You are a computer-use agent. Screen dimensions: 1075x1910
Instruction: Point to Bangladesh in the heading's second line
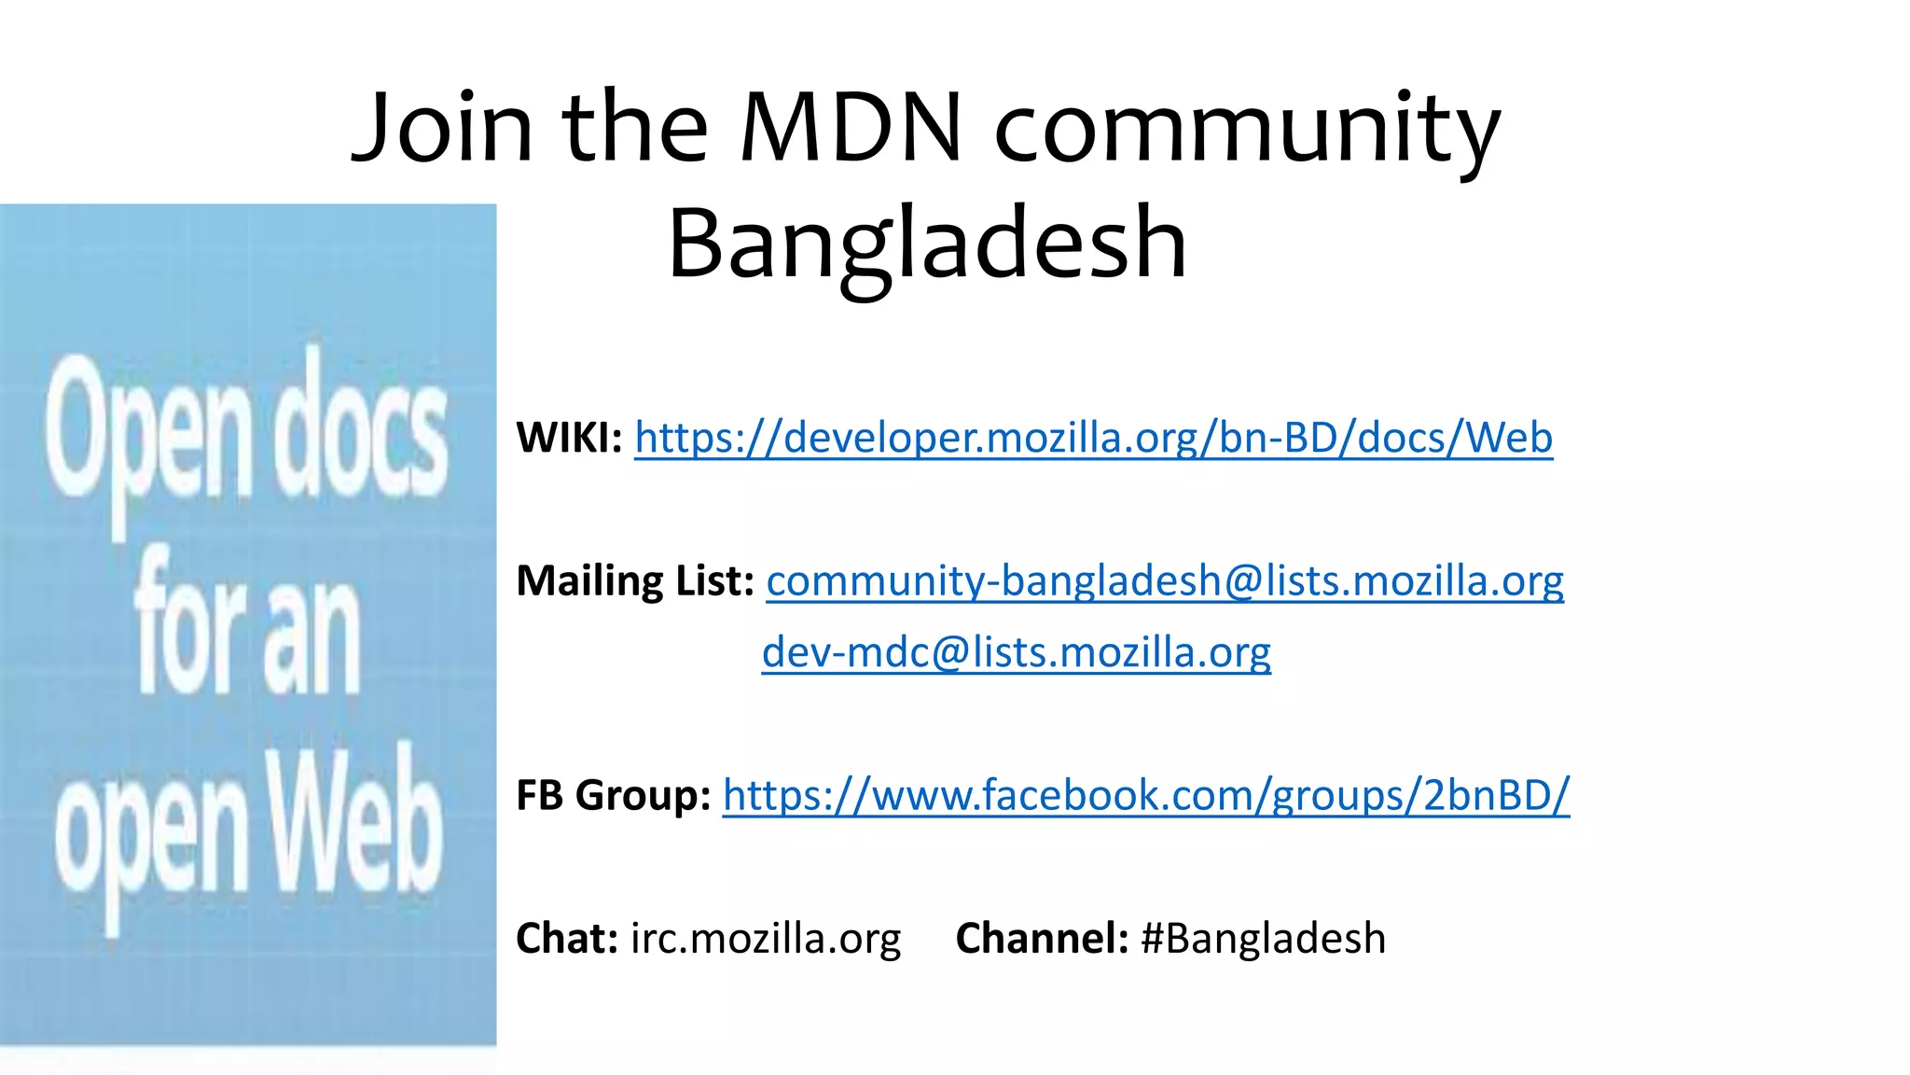[927, 244]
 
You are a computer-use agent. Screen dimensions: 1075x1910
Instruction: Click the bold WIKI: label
[569, 438]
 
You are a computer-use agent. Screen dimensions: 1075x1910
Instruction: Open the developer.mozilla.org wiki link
[1093, 438]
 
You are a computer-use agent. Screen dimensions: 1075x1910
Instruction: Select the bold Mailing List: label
[635, 580]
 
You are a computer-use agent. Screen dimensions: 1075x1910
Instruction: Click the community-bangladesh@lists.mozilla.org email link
[1165, 580]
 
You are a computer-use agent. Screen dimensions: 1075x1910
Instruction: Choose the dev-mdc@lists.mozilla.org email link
[1016, 652]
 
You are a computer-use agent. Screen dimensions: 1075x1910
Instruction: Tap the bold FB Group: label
[613, 795]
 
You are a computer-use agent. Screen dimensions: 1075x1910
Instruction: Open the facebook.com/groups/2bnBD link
[1146, 795]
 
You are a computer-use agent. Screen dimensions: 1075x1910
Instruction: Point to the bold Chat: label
[567, 938]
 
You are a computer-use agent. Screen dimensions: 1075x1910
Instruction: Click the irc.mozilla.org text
[766, 938]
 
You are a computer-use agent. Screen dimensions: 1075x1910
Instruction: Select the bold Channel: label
[1042, 938]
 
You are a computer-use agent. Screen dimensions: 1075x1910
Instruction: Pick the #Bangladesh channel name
[1264, 938]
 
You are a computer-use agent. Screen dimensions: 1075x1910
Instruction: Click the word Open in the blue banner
[147, 434]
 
